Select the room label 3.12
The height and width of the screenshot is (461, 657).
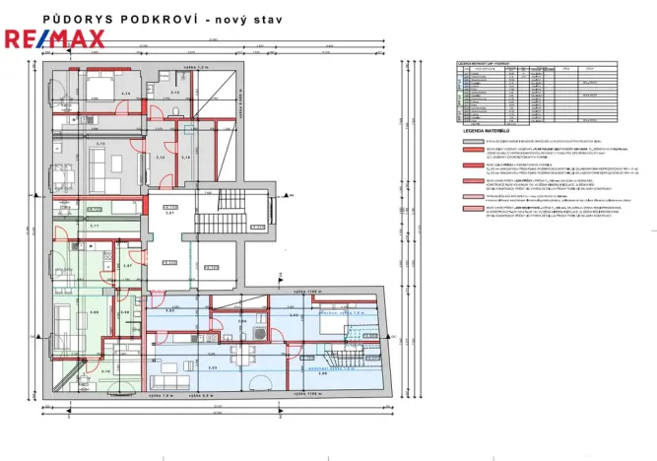[x=161, y=157]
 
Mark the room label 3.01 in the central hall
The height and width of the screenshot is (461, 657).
[x=169, y=213]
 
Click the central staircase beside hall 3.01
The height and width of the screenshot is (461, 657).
[x=232, y=222]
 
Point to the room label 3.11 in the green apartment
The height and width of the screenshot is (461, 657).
[x=95, y=227]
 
